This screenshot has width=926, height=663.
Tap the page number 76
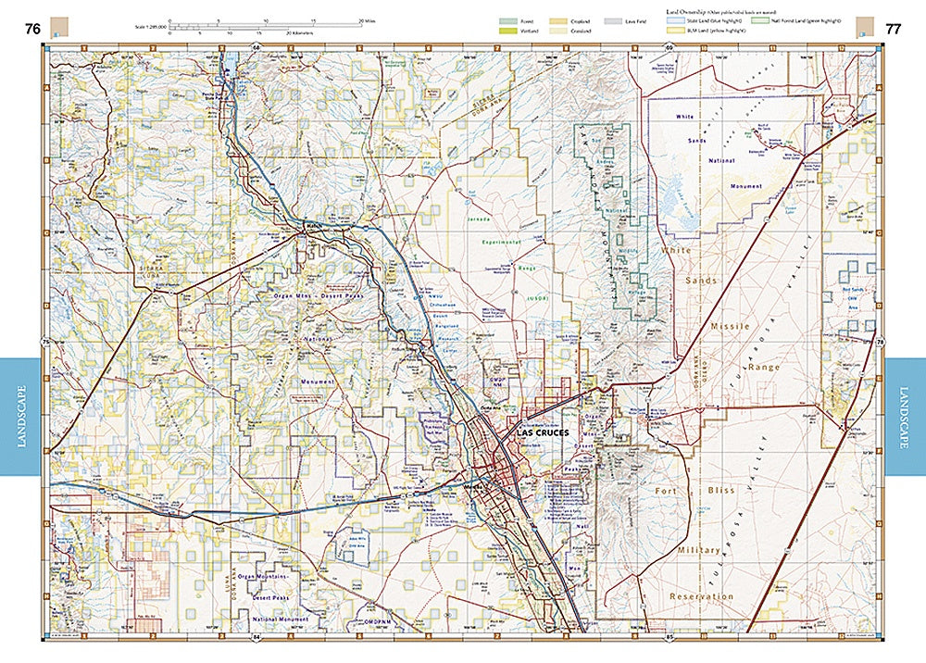(32, 29)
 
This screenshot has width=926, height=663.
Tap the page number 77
(893, 29)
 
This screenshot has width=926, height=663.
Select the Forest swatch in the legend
(507, 19)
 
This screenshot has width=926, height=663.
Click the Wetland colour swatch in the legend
(507, 31)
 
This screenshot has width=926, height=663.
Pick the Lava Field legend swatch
(610, 19)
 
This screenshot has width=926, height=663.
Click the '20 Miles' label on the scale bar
(368, 19)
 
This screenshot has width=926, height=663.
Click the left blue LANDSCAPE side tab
(20, 416)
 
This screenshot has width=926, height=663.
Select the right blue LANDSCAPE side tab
(905, 416)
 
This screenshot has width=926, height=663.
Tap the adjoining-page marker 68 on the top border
(257, 45)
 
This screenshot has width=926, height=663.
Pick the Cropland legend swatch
(558, 19)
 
